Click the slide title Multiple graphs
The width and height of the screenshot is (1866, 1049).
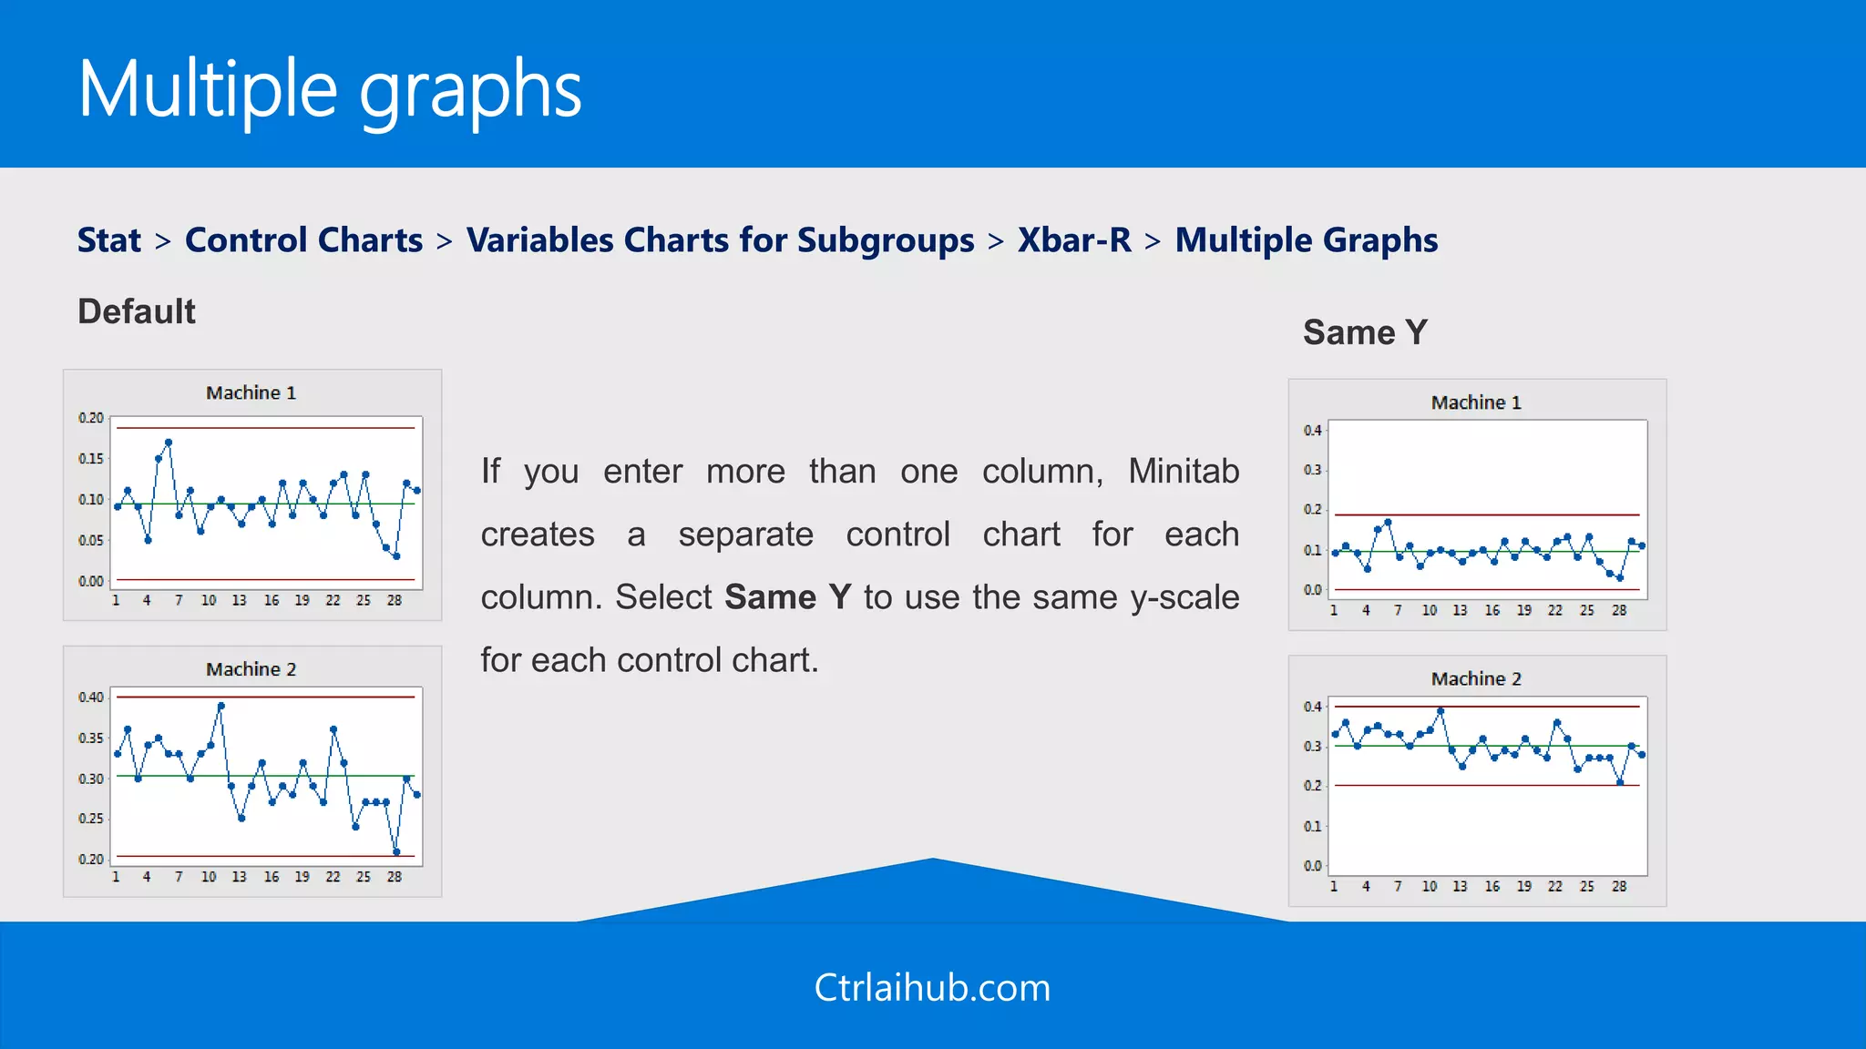pos(330,89)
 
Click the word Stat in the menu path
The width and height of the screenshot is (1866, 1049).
pos(108,240)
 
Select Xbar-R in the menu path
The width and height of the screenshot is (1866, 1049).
pos(1074,240)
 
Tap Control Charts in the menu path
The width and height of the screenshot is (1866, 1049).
pos(303,240)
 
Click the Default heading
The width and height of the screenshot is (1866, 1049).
pos(137,311)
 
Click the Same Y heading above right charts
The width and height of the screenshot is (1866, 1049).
pos(1364,332)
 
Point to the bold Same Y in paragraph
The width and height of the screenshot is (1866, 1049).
pos(787,597)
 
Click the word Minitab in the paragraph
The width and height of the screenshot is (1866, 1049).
pos(1183,472)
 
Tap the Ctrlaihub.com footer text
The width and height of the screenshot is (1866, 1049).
pos(932,988)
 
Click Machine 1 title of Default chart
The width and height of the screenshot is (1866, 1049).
pos(251,392)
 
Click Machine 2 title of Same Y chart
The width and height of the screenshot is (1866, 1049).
pos(1476,679)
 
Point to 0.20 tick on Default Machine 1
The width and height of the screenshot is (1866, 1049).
pos(91,418)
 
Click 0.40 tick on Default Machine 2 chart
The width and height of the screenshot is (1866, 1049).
pos(91,698)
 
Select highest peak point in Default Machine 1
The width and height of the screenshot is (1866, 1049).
pos(169,443)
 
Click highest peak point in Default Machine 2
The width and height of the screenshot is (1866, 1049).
pos(221,706)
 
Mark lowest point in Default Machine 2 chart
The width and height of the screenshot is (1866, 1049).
pos(396,852)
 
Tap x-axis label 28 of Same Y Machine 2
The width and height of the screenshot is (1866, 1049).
pos(1619,886)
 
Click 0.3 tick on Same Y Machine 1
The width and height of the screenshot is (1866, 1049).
pos(1312,470)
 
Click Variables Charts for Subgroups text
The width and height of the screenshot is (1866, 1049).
pos(720,240)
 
